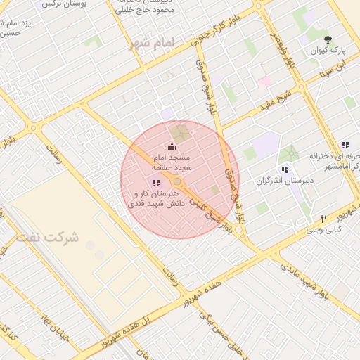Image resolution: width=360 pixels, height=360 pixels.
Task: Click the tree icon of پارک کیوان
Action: tap(328, 38)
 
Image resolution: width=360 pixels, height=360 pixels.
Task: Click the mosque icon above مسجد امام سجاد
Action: tap(172, 146)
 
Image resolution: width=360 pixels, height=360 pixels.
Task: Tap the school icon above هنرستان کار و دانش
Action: tap(155, 183)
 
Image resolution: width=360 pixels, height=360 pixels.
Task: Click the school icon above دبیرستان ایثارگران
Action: tap(284, 169)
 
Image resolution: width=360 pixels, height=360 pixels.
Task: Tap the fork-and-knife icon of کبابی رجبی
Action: tap(323, 218)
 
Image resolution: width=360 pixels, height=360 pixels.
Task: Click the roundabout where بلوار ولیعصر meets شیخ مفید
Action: tap(301, 88)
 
